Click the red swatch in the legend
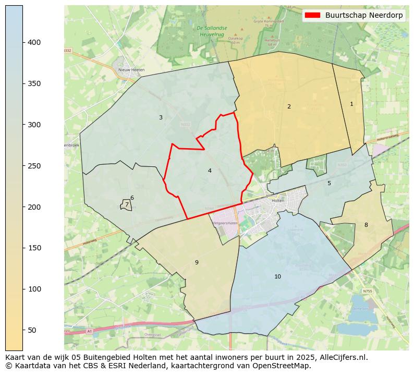click(313, 15)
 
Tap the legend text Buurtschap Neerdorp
click(364, 15)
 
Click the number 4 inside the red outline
click(210, 171)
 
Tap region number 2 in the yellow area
click(289, 106)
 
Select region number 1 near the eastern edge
click(351, 104)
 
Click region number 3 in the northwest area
click(161, 117)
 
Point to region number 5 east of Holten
click(329, 183)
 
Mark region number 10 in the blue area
click(277, 276)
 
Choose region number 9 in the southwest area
click(197, 262)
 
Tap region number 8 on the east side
click(366, 225)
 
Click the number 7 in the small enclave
click(126, 205)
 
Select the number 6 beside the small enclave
click(132, 198)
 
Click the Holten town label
click(278, 200)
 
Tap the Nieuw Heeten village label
click(131, 69)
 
